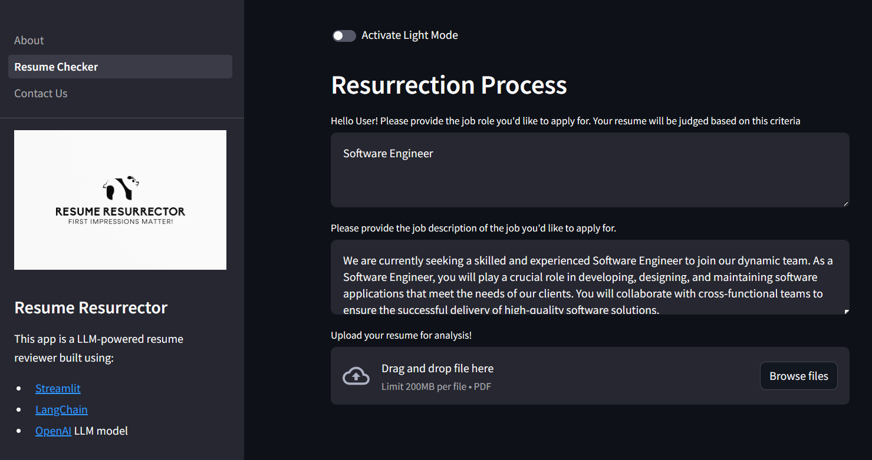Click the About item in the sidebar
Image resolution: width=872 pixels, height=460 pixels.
click(x=29, y=40)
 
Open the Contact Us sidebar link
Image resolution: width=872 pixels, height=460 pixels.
click(x=41, y=93)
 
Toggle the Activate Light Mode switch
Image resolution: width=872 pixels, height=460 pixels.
click(x=344, y=36)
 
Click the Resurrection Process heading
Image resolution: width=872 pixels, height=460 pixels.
click(x=449, y=85)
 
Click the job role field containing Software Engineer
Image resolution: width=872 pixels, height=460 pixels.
click(x=590, y=170)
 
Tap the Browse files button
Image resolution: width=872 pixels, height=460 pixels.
click(x=798, y=376)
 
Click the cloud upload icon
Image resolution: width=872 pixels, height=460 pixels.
click(x=356, y=376)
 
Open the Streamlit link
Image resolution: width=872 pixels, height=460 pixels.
click(x=58, y=388)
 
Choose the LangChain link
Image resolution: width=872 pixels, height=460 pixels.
click(x=61, y=409)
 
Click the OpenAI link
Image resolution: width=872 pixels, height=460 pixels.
click(x=53, y=431)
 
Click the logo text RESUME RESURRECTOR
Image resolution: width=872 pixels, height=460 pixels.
click(x=120, y=211)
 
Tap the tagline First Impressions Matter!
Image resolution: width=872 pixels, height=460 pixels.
click(x=121, y=221)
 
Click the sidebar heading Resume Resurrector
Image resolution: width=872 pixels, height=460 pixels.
click(x=91, y=307)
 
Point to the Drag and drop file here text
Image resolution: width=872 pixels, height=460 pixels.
click(x=437, y=368)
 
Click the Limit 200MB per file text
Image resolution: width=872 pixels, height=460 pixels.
click(x=424, y=386)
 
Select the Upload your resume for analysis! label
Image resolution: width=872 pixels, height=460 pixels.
click(x=401, y=335)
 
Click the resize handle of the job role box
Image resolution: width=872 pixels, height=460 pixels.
click(x=845, y=204)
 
